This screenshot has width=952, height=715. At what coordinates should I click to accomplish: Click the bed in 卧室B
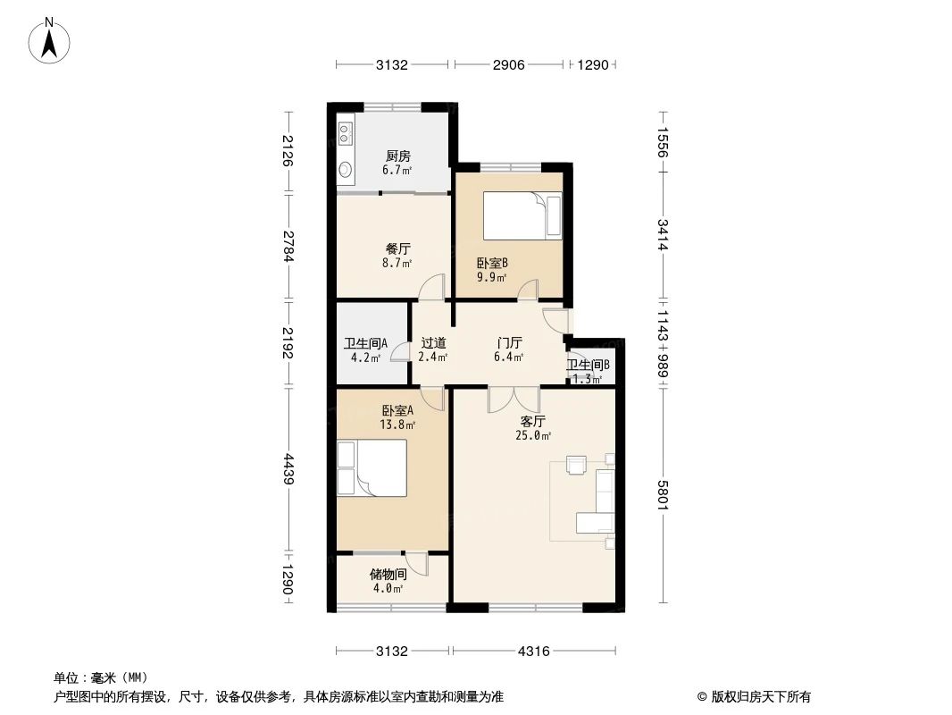[522, 218]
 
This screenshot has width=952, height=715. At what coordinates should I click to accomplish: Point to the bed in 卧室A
[372, 467]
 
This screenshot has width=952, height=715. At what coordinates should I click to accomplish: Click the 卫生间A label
[365, 343]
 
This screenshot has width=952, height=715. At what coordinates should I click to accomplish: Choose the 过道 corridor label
[432, 342]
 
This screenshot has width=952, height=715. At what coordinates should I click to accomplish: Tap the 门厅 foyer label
[509, 342]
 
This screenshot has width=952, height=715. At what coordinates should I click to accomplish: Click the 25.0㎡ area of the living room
[533, 436]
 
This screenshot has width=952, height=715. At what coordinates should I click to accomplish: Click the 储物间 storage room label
[388, 575]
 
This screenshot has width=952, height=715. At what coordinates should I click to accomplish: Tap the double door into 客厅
[514, 399]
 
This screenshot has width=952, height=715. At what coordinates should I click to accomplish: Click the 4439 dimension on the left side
[288, 469]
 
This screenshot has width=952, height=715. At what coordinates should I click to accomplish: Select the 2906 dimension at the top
[507, 64]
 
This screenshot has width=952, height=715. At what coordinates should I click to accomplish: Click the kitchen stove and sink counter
[346, 151]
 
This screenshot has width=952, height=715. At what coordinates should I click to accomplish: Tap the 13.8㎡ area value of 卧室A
[398, 425]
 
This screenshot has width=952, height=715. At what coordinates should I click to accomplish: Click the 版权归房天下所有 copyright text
[754, 697]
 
